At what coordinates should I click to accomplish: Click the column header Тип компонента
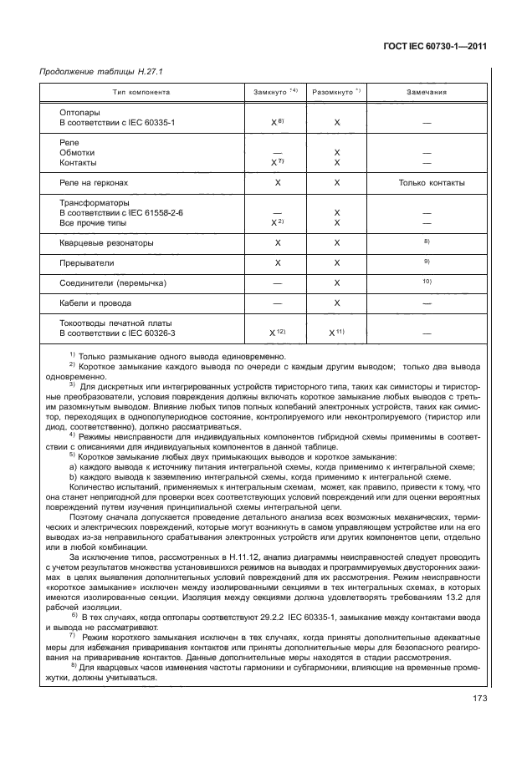pyautogui.click(x=141, y=92)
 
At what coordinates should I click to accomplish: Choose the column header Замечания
pyautogui.click(x=426, y=92)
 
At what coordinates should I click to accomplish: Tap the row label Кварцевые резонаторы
pyautogui.click(x=106, y=243)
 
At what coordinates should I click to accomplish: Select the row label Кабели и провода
pyautogui.click(x=95, y=303)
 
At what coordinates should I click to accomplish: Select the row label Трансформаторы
pyautogui.click(x=95, y=203)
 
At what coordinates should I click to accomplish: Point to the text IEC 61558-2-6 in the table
pyautogui.click(x=156, y=213)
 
